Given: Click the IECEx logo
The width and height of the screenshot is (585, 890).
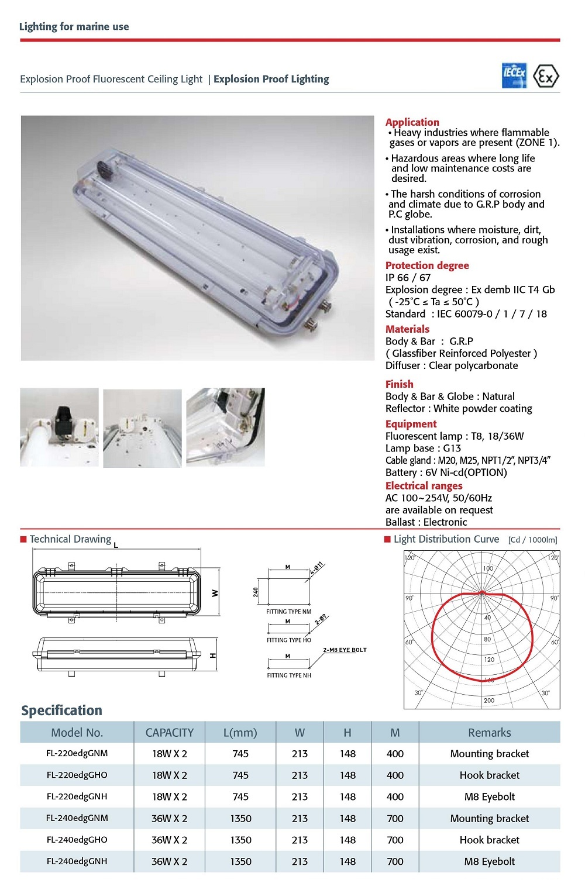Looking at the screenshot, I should click(514, 76).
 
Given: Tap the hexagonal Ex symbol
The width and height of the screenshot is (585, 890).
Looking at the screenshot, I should click(546, 77).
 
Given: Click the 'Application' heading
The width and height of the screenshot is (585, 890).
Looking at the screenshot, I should click(412, 122).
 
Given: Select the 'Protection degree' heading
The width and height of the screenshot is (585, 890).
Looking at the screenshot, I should click(427, 265).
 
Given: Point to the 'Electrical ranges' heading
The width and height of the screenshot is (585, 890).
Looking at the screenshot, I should click(424, 486).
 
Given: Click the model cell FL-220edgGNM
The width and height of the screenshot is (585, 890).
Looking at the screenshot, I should click(77, 754).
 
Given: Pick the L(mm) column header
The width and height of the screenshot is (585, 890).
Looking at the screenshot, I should click(240, 733).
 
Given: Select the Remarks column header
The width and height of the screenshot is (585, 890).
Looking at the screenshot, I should click(489, 733).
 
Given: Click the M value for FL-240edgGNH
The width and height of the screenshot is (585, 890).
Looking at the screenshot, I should click(395, 861).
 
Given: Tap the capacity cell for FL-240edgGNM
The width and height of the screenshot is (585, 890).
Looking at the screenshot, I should click(169, 819).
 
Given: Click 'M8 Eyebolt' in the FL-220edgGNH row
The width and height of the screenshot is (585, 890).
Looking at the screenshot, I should click(489, 797).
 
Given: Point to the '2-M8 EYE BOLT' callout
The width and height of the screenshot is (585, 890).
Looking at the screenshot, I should click(345, 650).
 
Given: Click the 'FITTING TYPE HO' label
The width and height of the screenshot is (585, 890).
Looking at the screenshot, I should click(289, 640).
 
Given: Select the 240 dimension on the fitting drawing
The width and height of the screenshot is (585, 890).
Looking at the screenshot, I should click(256, 592).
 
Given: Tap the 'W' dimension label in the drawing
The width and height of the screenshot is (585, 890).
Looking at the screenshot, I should click(215, 593).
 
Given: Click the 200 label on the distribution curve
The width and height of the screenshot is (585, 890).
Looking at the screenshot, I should click(488, 701).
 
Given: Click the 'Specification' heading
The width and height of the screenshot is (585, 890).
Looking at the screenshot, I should click(61, 710).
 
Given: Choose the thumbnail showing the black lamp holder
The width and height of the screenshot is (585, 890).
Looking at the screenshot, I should click(60, 427).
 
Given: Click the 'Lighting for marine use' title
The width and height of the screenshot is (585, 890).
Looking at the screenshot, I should click(74, 26).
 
